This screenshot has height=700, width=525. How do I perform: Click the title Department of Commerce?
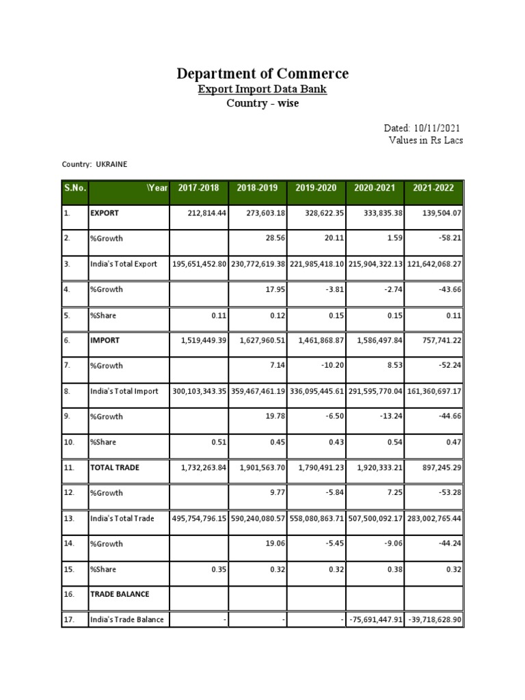click(262, 74)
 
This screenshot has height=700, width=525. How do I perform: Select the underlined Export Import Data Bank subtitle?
click(262, 90)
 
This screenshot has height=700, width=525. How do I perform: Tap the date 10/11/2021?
click(436, 128)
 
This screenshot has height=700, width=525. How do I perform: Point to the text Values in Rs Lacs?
click(425, 140)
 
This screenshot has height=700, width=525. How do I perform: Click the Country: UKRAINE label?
click(94, 165)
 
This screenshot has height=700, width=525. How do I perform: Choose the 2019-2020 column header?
click(317, 188)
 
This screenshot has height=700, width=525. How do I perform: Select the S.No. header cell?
click(75, 188)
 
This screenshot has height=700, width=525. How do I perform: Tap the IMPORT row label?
click(105, 340)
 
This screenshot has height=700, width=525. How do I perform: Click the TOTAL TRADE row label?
click(116, 468)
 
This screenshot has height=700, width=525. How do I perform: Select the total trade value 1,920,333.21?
click(375, 468)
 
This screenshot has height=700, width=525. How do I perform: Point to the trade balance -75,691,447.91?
click(375, 620)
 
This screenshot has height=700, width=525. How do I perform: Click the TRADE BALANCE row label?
click(120, 594)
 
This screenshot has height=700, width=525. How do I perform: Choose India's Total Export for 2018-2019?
click(258, 264)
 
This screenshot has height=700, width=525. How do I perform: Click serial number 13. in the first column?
click(69, 518)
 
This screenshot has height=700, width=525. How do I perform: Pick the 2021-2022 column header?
click(434, 188)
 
